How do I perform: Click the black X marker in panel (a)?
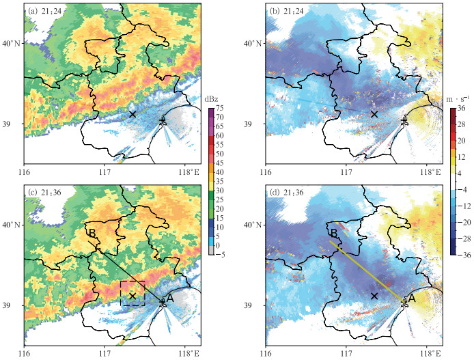[133, 114]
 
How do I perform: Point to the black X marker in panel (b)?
[374, 114]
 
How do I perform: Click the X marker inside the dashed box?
[133, 295]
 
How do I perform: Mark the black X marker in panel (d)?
[374, 295]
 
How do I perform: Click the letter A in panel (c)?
[171, 297]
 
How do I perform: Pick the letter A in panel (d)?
[412, 298]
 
